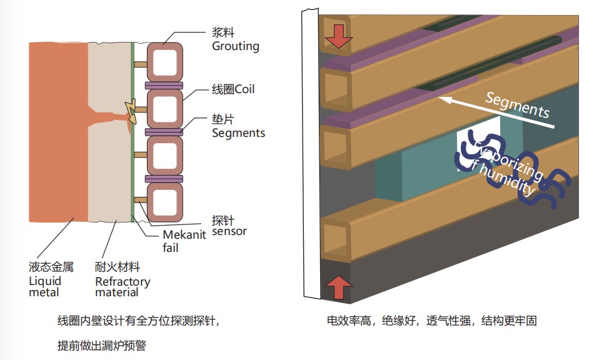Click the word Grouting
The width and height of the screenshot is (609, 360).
point(235,46)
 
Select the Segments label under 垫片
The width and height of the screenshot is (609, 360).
point(238,132)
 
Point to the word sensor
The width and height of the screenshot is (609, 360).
point(229,231)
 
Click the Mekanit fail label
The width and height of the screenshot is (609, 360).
point(180,241)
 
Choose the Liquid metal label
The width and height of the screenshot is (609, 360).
point(46,286)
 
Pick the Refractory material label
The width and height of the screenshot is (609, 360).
point(123,287)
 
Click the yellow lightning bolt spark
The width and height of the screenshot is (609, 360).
point(131,110)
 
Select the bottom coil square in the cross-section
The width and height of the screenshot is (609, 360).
point(164,201)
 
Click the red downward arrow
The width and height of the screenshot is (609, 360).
point(338,37)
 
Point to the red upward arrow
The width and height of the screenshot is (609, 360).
point(338,287)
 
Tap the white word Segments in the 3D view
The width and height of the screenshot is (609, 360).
point(517,105)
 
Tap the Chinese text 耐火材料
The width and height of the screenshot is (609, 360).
point(117,267)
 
